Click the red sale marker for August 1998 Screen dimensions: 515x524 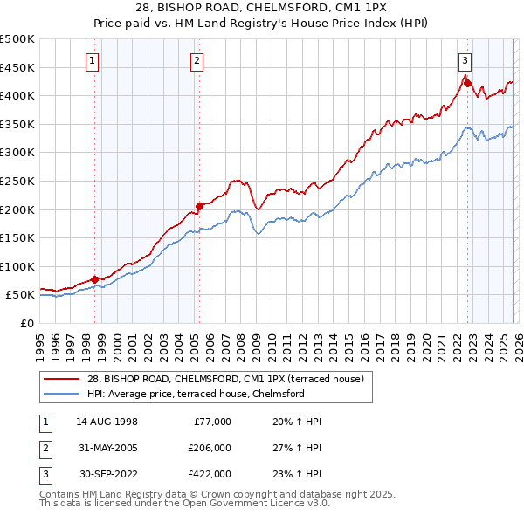[x=94, y=279]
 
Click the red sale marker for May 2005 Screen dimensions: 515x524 [x=199, y=206]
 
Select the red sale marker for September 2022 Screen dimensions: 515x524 [x=467, y=84]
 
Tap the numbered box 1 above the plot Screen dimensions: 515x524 [x=93, y=60]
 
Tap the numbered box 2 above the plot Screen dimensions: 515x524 [x=197, y=60]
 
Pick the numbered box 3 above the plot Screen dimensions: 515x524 [x=465, y=60]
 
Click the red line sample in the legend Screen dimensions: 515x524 [x=63, y=378]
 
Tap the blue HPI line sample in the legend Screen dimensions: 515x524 [x=63, y=394]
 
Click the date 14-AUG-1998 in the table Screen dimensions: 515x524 [x=107, y=422]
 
